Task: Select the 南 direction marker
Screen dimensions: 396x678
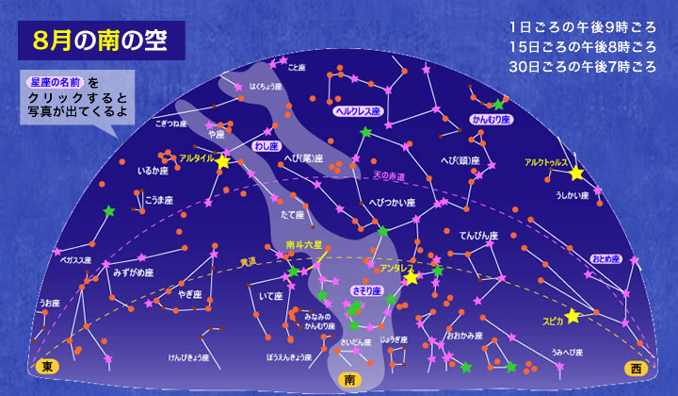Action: click(350, 379)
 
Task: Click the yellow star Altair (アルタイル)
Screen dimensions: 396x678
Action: click(222, 162)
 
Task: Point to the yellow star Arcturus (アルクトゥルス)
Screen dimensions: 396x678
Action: click(576, 173)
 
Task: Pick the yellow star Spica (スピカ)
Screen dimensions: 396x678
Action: click(573, 316)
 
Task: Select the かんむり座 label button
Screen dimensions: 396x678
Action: click(491, 121)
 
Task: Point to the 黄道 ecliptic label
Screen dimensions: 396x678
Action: click(248, 262)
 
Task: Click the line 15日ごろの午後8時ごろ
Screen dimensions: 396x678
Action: click(580, 47)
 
